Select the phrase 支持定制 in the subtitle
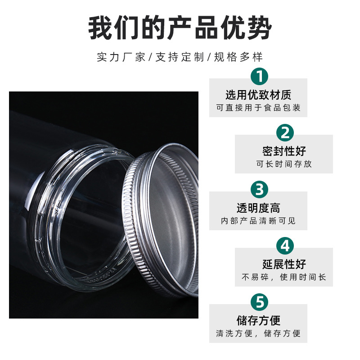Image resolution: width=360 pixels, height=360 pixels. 180,57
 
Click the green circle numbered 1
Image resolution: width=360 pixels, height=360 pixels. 259,76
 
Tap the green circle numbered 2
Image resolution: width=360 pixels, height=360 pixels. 285,133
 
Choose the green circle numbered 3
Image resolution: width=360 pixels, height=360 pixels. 259,189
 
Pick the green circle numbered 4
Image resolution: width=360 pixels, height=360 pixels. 285,246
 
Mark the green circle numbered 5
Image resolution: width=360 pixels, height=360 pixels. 259,302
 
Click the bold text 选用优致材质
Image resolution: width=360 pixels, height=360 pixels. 258,95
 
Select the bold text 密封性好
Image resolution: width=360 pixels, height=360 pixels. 284,151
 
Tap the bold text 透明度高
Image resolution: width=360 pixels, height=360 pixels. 258,208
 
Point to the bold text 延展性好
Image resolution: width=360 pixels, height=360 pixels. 284,264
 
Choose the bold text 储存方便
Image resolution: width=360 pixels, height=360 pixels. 258,320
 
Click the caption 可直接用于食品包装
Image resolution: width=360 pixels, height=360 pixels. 258,108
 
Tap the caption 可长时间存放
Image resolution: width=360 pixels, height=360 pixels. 284,164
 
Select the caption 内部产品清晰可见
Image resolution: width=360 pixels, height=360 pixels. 258,221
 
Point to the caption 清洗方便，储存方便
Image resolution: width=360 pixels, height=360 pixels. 258,334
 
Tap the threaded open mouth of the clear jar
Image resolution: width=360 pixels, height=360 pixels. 83,212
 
